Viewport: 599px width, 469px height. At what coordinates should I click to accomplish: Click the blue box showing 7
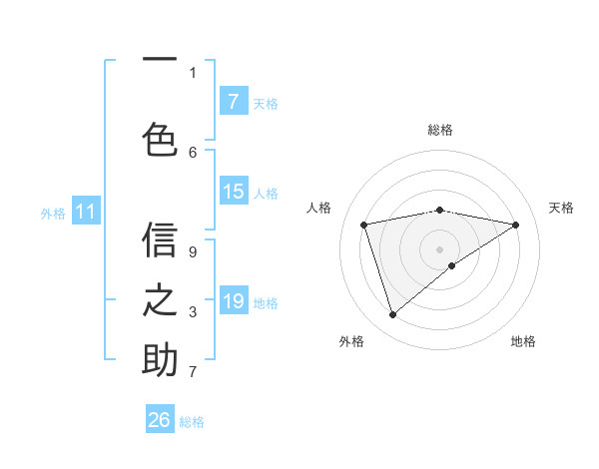[233, 101]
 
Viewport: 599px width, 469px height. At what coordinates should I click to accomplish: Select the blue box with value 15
[233, 192]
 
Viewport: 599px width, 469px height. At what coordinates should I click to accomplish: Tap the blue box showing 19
[233, 301]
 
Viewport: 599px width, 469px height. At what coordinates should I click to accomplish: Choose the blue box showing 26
[160, 420]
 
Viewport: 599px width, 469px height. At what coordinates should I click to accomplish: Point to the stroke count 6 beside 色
[193, 152]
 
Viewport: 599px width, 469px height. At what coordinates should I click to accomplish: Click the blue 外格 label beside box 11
[53, 212]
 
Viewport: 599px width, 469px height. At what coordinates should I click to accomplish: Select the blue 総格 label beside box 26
[192, 421]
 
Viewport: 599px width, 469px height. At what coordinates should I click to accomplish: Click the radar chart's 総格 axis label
[439, 130]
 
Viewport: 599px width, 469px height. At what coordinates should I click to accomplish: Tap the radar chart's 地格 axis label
[523, 341]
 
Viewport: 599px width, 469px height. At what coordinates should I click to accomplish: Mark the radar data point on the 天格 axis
[515, 225]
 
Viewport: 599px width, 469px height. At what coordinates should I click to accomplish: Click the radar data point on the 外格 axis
[392, 315]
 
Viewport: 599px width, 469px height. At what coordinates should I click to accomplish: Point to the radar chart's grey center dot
[439, 248]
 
